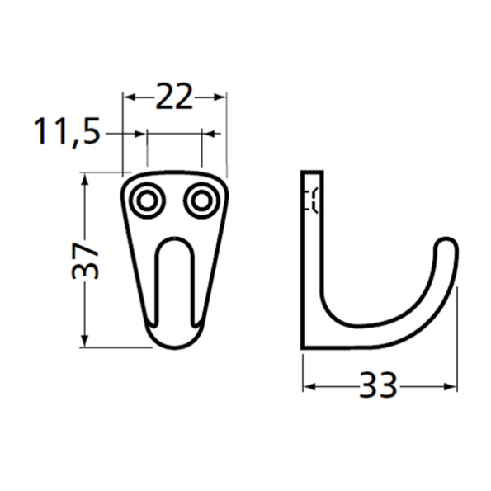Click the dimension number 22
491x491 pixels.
coord(174,98)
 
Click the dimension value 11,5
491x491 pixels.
coord(68,132)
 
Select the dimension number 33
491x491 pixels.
coord(380,385)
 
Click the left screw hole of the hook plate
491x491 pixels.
coord(149,200)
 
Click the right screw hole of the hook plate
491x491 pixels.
coord(200,200)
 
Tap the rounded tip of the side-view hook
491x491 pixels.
coord(445,247)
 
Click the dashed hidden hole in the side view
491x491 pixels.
coord(314,201)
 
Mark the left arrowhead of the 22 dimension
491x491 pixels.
coord(129,97)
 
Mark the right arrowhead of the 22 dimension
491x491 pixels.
coord(221,97)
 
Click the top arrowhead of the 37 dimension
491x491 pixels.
coord(85,178)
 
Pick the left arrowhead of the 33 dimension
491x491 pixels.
coord(309,385)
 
